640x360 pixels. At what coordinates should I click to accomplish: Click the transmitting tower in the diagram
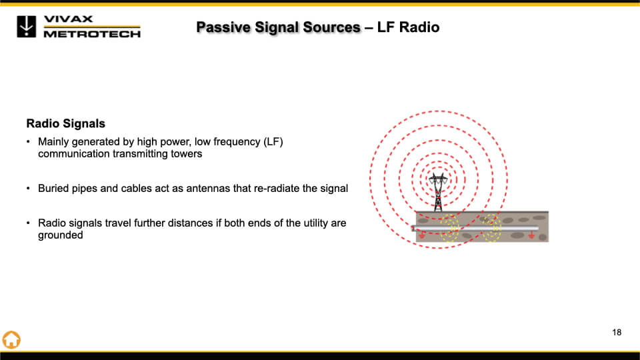[438, 192]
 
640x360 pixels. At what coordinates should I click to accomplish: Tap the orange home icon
[11, 339]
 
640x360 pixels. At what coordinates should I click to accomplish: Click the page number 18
[617, 332]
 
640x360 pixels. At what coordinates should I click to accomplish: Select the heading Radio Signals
[65, 124]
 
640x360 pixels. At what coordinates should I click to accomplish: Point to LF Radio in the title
[408, 27]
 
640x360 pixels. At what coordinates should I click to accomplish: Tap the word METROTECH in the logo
[92, 33]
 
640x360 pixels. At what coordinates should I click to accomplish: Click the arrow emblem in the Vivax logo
[27, 26]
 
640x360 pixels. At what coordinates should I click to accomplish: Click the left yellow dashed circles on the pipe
[449, 229]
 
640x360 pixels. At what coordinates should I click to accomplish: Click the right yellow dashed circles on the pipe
[492, 228]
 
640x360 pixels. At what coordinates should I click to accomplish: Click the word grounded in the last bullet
[60, 235]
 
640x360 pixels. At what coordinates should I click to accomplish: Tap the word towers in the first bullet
[187, 154]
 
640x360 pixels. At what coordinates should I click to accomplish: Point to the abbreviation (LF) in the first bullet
[272, 142]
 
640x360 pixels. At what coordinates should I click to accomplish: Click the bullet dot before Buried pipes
[28, 189]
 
